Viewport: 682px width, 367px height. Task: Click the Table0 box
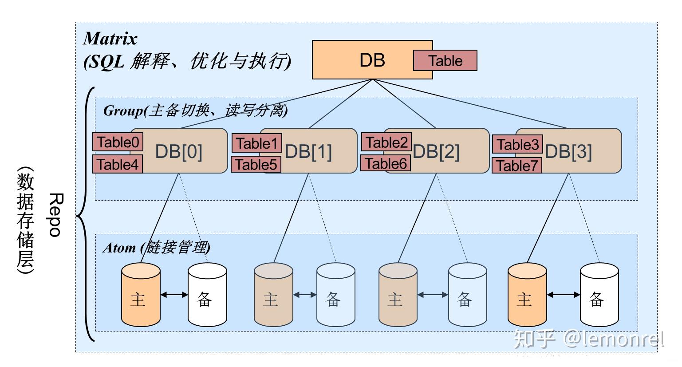(x=118, y=142)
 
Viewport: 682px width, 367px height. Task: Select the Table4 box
(x=118, y=164)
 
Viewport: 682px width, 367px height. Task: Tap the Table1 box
(x=256, y=143)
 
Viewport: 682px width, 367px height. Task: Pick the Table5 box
(x=256, y=165)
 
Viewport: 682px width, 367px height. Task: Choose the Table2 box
(x=386, y=142)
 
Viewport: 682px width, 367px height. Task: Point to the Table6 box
(x=386, y=163)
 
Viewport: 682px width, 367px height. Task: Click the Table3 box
(x=517, y=144)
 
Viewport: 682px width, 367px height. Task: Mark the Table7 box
(x=517, y=166)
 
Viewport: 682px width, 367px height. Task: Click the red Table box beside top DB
(x=445, y=61)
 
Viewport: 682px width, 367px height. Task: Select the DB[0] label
(x=179, y=152)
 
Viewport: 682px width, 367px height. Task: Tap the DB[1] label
(x=308, y=152)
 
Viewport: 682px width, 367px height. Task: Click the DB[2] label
(x=436, y=152)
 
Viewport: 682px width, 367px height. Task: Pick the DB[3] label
(x=568, y=152)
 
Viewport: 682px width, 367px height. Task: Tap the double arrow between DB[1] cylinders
(x=305, y=295)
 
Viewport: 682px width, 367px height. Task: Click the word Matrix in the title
(x=110, y=39)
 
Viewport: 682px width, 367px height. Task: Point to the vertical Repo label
(x=55, y=215)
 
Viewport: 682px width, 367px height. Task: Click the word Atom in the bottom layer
(x=119, y=247)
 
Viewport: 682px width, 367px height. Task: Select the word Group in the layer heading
(x=123, y=110)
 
